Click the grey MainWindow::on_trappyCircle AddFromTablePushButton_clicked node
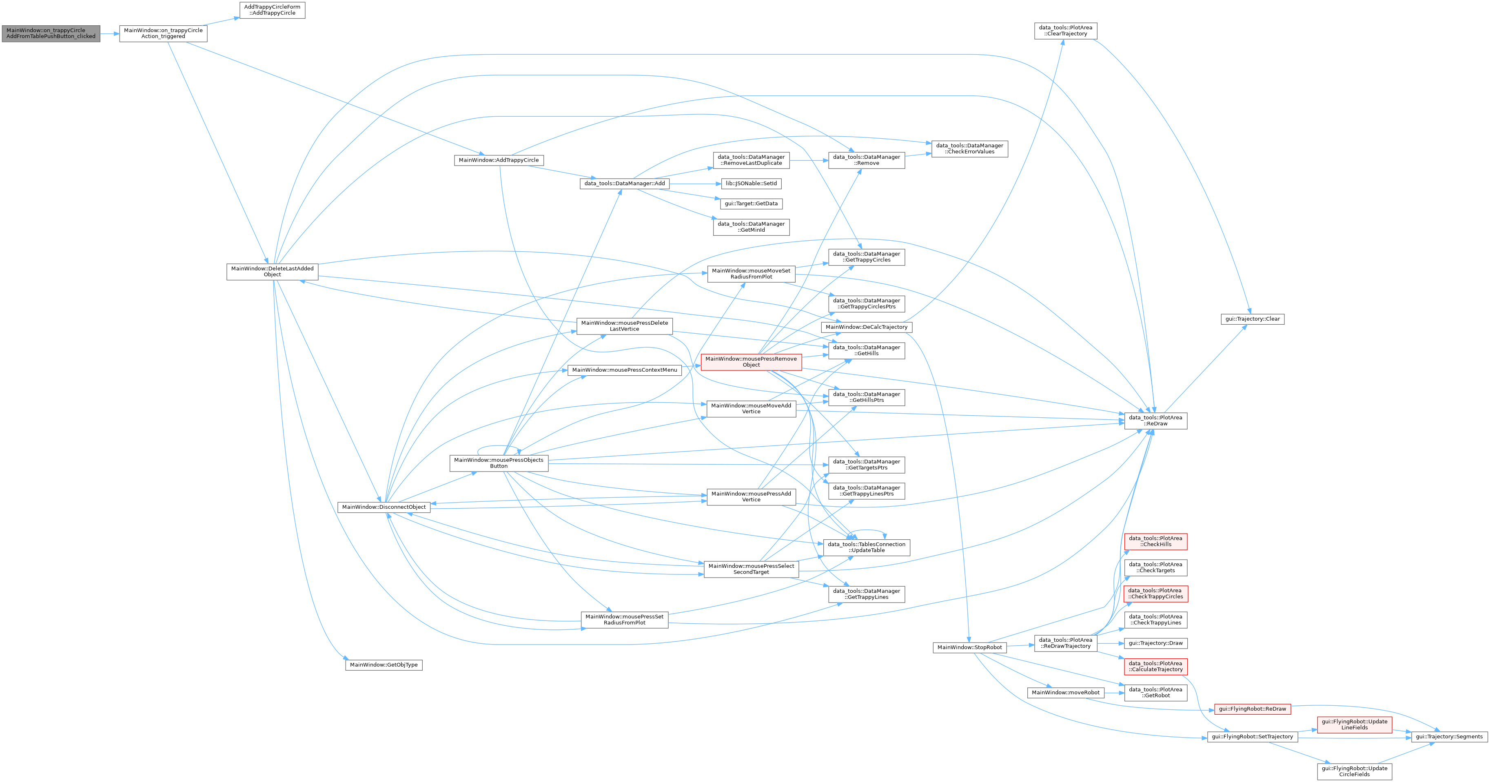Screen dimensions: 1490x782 coord(51,33)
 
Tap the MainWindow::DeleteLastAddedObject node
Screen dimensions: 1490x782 coord(273,272)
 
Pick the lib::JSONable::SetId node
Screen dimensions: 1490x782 coord(752,183)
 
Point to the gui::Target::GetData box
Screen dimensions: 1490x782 coord(752,204)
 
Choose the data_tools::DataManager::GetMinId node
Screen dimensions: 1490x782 coord(752,227)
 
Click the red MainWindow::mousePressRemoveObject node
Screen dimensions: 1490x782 coord(752,362)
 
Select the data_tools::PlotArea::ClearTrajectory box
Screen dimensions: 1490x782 coord(1065,31)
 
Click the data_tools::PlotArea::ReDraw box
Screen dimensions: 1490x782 coord(1156,421)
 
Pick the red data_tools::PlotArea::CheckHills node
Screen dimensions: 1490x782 coord(1156,541)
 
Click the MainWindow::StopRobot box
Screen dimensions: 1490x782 coord(970,648)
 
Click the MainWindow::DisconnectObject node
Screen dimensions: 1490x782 coord(384,507)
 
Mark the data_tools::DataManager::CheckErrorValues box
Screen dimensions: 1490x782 coord(969,148)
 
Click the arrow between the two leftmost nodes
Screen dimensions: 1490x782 coord(110,33)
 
